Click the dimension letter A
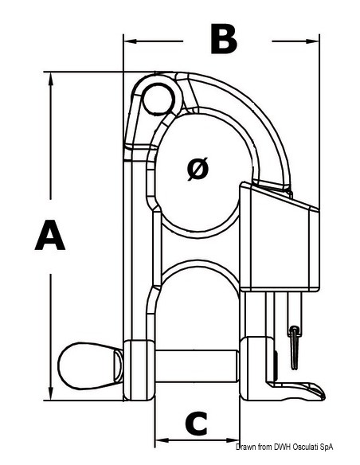pyautogui.click(x=50, y=235)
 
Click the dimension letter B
pyautogui.click(x=224, y=39)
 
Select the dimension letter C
pyautogui.click(x=196, y=423)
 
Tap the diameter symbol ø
pyautogui.click(x=198, y=169)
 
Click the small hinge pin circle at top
pyautogui.click(x=158, y=99)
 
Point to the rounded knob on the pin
pyautogui.click(x=90, y=365)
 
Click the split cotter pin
pyautogui.click(x=294, y=348)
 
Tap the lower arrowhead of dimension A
pyautogui.click(x=51, y=393)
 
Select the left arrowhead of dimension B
pyautogui.click(x=130, y=41)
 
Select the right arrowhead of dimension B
pyautogui.click(x=312, y=41)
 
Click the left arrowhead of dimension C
pyautogui.click(x=162, y=440)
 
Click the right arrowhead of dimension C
pyautogui.click(x=233, y=440)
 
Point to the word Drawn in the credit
pyautogui.click(x=246, y=447)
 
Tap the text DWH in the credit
pyautogui.click(x=284, y=447)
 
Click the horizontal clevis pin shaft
pyautogui.click(x=196, y=366)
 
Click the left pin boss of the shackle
pyautogui.click(x=139, y=370)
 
